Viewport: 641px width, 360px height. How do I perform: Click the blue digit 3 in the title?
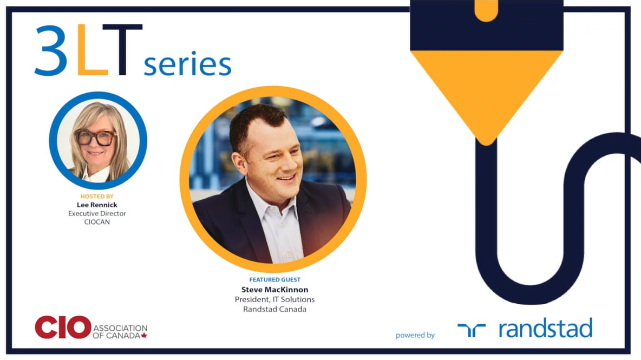pyautogui.click(x=51, y=51)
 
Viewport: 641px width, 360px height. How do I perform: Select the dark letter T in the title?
pyautogui.click(x=122, y=50)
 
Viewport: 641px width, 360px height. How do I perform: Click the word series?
pyautogui.click(x=188, y=64)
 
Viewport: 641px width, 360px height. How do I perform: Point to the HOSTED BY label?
pyautogui.click(x=97, y=197)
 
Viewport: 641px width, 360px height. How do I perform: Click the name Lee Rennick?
pyautogui.click(x=97, y=205)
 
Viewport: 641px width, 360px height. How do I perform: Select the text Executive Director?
pyautogui.click(x=97, y=213)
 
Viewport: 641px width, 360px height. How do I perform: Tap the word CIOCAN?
pyautogui.click(x=97, y=222)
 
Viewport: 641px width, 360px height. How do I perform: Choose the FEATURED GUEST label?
pyautogui.click(x=274, y=279)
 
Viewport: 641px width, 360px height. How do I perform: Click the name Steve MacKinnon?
pyautogui.click(x=274, y=290)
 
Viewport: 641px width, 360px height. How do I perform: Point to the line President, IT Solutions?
pyautogui.click(x=274, y=299)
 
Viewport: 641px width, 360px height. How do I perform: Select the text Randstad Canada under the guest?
pyautogui.click(x=274, y=309)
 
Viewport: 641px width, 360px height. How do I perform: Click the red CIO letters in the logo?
pyautogui.click(x=63, y=327)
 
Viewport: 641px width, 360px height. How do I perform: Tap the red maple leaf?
pyautogui.click(x=144, y=336)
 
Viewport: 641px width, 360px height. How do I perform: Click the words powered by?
pyautogui.click(x=415, y=335)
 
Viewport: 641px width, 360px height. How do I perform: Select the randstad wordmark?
pyautogui.click(x=545, y=328)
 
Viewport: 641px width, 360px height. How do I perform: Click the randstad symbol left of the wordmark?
pyautogui.click(x=472, y=330)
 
